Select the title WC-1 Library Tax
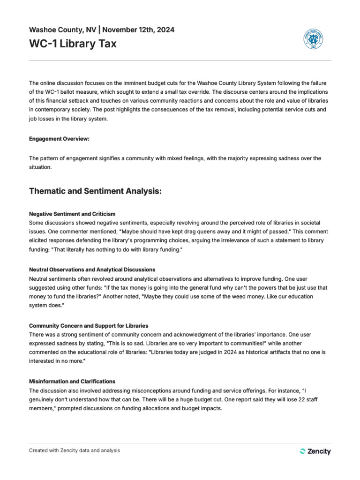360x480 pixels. point(73,45)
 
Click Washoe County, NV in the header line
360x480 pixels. point(63,30)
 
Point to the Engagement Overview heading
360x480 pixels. point(59,139)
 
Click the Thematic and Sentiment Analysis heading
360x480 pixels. point(95,191)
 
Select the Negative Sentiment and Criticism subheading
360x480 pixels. point(72,214)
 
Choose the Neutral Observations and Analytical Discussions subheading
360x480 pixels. point(92,270)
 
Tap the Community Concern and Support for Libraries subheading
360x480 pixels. point(89,326)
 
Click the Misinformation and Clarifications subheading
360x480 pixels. point(72,382)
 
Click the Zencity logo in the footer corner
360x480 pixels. point(315,451)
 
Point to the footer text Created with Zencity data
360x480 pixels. point(74,450)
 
